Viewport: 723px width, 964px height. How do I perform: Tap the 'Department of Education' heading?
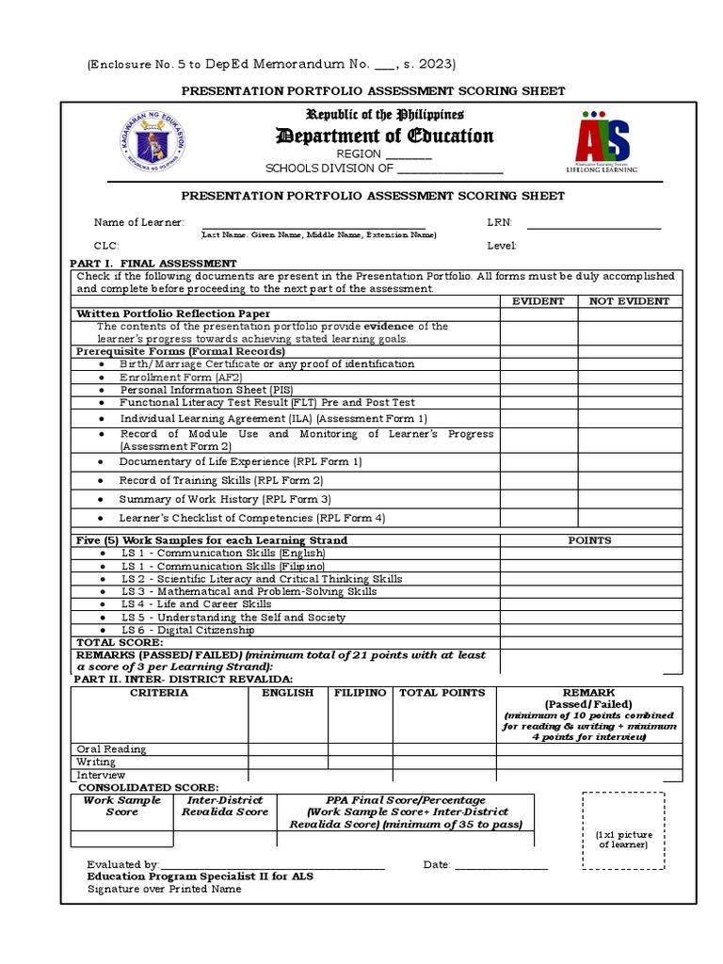384,137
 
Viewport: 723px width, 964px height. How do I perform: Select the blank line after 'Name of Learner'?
313,222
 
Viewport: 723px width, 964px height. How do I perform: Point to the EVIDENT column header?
538,301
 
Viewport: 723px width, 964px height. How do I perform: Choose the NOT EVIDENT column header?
630,301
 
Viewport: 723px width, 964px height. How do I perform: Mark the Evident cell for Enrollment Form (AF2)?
538,377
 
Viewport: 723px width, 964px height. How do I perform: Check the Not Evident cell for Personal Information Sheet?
630,389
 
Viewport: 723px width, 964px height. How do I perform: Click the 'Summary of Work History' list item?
225,499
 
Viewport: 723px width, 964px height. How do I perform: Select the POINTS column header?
590,540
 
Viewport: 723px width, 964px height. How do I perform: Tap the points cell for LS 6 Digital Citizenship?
590,631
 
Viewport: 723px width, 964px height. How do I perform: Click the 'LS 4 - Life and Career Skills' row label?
196,604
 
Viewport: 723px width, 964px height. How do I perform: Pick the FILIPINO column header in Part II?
360,693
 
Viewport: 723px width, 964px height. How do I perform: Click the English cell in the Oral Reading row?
287,749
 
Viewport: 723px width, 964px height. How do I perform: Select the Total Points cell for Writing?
444,762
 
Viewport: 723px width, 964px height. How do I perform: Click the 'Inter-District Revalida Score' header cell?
225,806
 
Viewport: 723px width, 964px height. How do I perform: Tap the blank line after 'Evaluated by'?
273,864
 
